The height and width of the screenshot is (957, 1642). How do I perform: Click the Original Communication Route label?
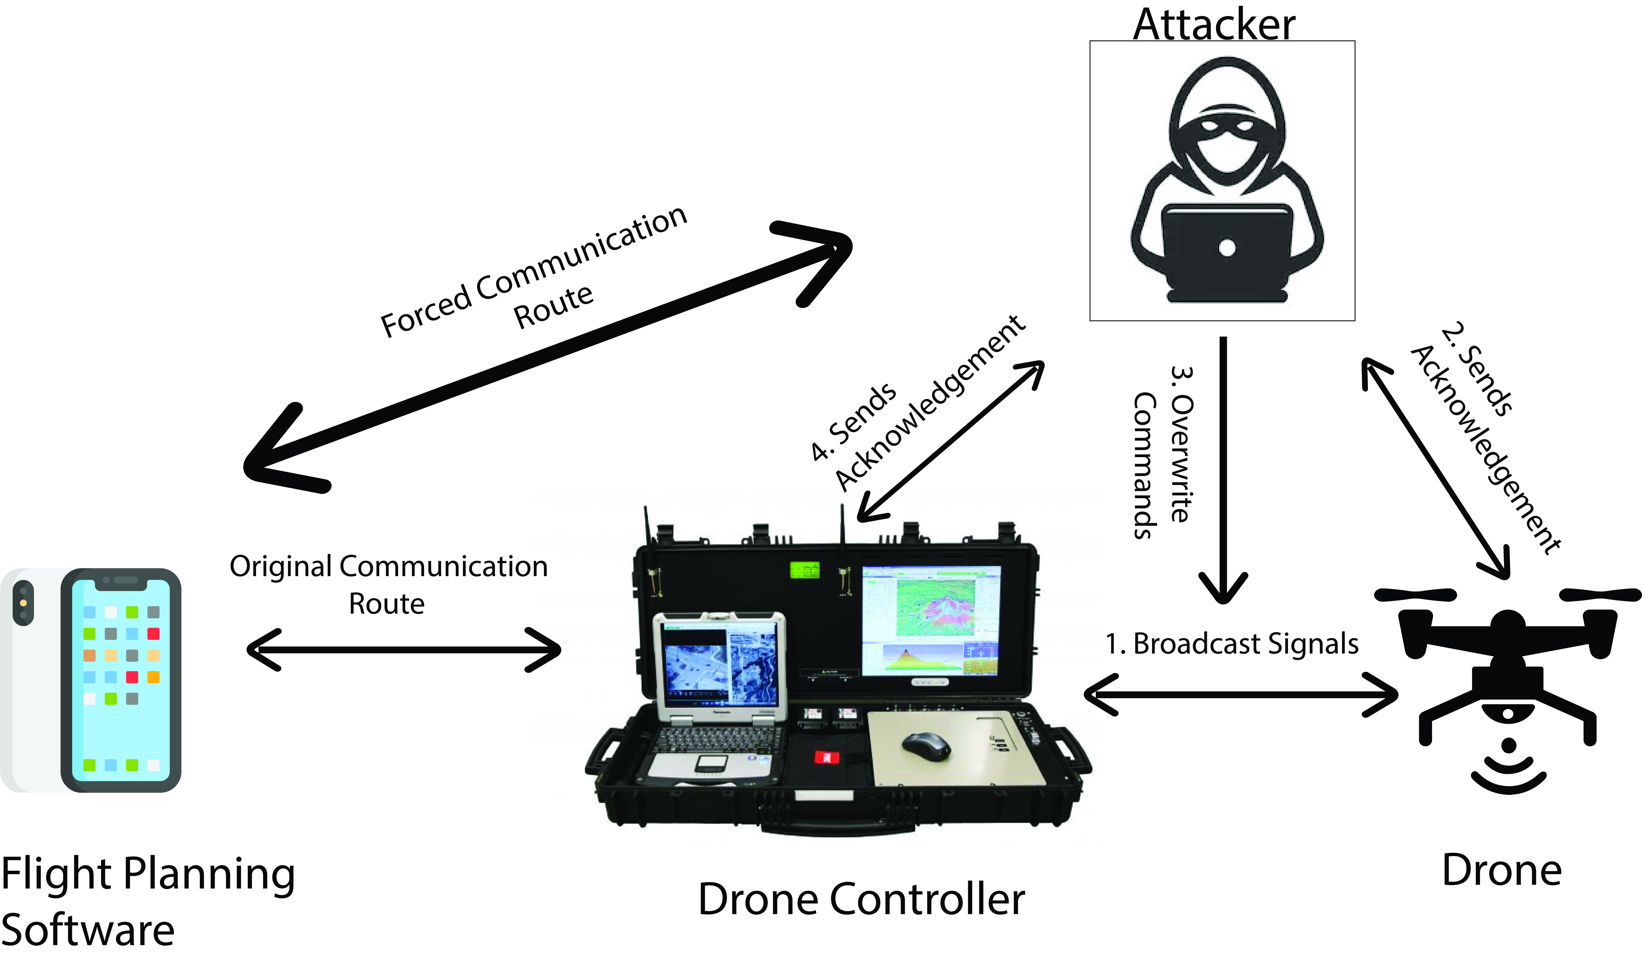pyautogui.click(x=388, y=585)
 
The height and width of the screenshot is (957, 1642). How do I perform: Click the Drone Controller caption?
pyautogui.click(x=861, y=900)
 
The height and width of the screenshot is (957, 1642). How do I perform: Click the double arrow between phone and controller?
pyautogui.click(x=404, y=650)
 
